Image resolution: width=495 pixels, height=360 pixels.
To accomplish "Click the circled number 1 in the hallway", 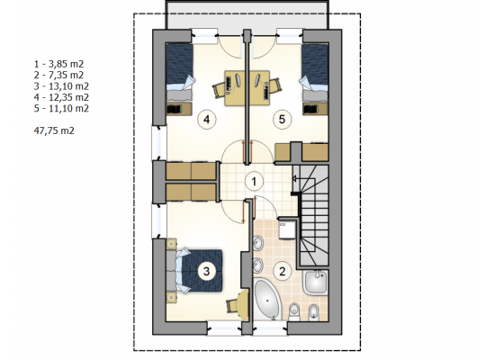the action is tap(254, 182).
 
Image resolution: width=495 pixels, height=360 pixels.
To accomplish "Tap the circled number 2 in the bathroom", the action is tap(282, 271).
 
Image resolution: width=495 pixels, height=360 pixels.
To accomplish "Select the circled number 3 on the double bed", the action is tap(206, 271).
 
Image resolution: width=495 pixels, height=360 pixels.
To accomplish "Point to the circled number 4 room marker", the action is tap(206, 120).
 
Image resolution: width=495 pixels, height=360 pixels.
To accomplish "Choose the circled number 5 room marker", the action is tap(282, 120).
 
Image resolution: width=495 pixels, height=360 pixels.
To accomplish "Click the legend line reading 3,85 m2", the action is tap(58, 64).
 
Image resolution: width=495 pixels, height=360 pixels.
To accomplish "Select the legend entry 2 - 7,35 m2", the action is tap(58, 76).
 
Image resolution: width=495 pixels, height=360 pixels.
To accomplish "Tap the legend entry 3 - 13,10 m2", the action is tap(61, 86).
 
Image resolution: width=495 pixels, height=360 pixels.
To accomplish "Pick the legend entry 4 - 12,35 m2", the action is tap(61, 97).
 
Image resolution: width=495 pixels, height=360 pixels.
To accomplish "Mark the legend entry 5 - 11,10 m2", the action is tap(61, 108).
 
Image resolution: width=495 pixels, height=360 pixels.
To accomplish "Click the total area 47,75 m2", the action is tap(54, 130).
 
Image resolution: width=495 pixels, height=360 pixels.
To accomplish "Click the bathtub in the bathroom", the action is tap(267, 299).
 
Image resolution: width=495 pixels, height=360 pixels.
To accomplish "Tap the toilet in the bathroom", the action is tap(294, 311).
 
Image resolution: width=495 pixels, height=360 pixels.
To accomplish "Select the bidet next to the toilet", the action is tap(311, 312).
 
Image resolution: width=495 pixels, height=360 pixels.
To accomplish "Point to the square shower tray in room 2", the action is tap(316, 282).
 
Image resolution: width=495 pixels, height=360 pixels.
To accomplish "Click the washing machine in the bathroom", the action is tap(287, 229).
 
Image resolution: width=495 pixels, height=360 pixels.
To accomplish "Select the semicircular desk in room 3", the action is tap(243, 305).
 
